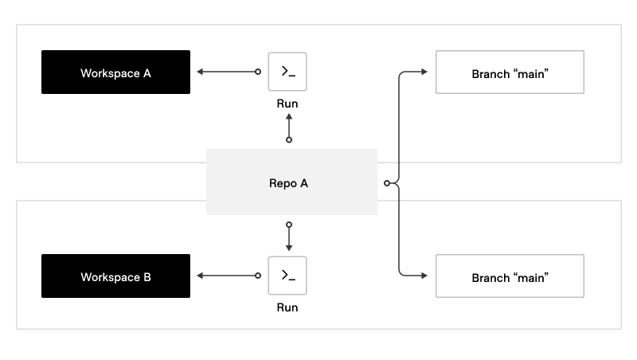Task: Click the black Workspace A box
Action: tap(115, 72)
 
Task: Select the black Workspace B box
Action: tap(115, 276)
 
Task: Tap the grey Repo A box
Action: tap(291, 182)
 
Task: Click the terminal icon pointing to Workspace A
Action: tap(287, 72)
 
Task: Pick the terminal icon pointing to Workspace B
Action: tap(287, 276)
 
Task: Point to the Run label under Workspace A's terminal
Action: tap(287, 104)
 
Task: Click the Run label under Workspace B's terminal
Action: tap(287, 307)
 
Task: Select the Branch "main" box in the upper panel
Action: tap(510, 72)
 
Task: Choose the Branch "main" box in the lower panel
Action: tap(510, 276)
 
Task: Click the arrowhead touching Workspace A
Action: tap(199, 72)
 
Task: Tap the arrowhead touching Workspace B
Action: tap(199, 276)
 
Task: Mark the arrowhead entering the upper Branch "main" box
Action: tap(424, 72)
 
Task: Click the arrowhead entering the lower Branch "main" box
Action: tap(424, 276)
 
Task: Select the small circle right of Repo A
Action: tap(387, 183)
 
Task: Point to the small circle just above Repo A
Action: tap(288, 139)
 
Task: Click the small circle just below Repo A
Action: tap(288, 225)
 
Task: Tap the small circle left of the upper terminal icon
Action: tap(257, 72)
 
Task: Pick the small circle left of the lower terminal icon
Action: tap(257, 276)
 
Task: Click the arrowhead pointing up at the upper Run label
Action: tap(288, 116)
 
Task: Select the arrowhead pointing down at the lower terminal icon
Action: tap(288, 248)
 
